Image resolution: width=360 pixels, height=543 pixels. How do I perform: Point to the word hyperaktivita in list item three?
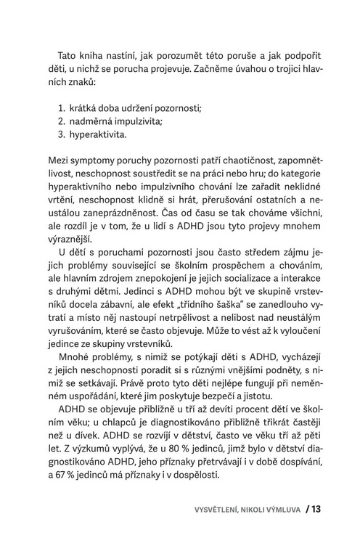(x=99, y=134)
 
